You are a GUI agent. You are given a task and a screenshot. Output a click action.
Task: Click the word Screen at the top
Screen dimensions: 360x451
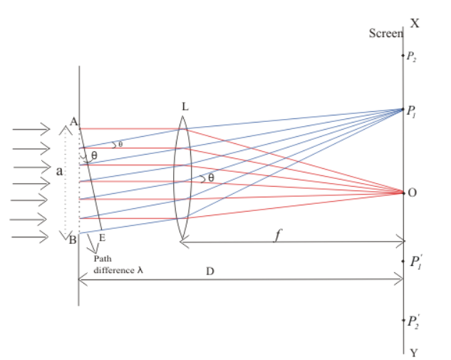click(385, 34)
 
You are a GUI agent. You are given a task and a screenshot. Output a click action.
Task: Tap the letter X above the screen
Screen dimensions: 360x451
click(415, 23)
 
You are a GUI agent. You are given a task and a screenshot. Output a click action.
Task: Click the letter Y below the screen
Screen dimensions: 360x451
click(414, 352)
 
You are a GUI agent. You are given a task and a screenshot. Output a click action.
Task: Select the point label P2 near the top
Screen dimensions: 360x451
click(411, 56)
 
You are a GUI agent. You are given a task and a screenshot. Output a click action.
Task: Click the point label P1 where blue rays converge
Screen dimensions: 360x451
click(413, 111)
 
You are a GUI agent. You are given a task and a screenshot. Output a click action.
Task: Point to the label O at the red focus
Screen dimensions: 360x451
click(414, 192)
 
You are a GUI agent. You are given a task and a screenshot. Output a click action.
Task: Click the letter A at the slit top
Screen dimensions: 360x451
click(73, 121)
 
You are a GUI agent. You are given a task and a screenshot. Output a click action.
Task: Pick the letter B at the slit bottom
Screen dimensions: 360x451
click(71, 239)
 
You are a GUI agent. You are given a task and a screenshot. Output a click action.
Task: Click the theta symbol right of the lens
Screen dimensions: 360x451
click(210, 178)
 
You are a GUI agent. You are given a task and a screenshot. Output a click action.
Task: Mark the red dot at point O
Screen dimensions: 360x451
click(404, 192)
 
